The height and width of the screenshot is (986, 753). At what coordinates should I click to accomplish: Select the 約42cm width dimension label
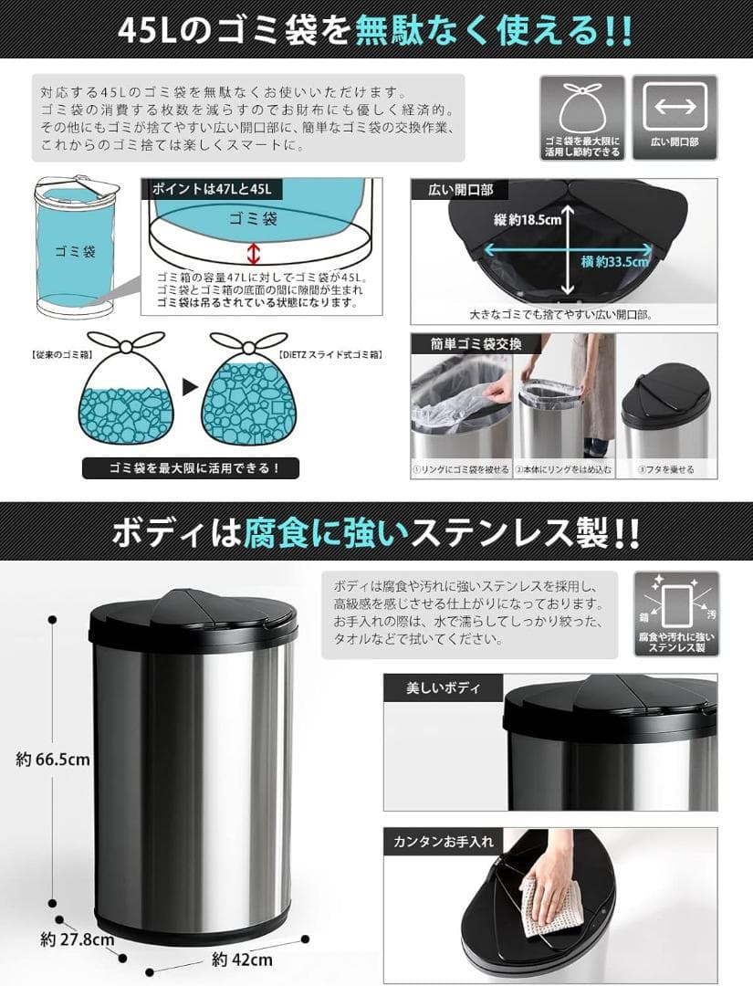(241, 960)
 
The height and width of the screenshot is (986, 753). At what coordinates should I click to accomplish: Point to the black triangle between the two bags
(189, 387)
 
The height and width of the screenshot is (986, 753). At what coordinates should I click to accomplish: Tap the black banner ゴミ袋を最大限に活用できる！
(191, 469)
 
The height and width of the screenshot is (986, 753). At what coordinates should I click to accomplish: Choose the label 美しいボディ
(443, 687)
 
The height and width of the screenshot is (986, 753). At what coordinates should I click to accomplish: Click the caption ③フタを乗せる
(665, 470)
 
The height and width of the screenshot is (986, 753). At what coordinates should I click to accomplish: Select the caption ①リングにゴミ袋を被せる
(460, 470)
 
